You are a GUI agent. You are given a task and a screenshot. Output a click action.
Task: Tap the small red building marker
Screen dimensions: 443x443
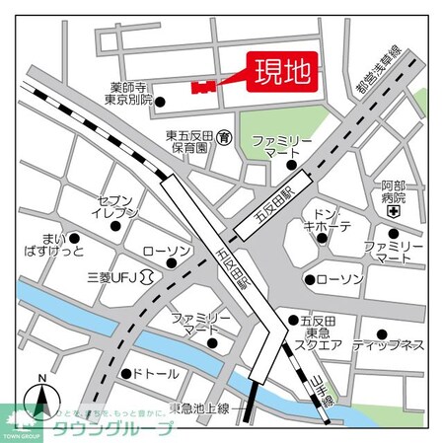[203, 87]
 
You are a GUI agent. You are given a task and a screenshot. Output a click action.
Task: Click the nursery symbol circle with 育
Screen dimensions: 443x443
[226, 136]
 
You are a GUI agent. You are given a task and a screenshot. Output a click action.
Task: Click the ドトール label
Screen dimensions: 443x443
[154, 373]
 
